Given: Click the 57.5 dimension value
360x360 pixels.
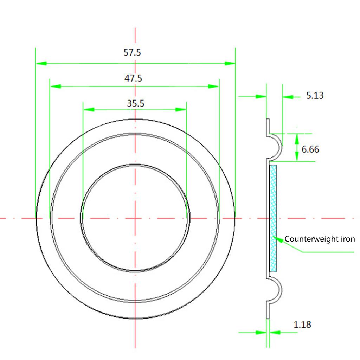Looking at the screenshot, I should point(132,53).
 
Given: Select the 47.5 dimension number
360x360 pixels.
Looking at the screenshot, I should point(133,78).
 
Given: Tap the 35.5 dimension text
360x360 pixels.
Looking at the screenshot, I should point(135,103).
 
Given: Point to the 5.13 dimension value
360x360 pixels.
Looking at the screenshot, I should point(315,95).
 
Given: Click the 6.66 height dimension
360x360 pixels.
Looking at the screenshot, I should point(310,149).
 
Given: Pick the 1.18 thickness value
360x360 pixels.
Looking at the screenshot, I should point(302,324).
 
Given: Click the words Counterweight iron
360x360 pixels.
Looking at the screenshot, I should point(320,239).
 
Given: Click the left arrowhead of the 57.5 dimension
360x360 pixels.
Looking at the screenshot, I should point(41,64).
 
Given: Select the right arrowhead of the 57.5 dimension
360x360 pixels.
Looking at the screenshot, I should point(230,64).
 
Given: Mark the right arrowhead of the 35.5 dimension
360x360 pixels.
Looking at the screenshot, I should point(181,110).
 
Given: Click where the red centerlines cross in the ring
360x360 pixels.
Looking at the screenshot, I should point(135,218).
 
